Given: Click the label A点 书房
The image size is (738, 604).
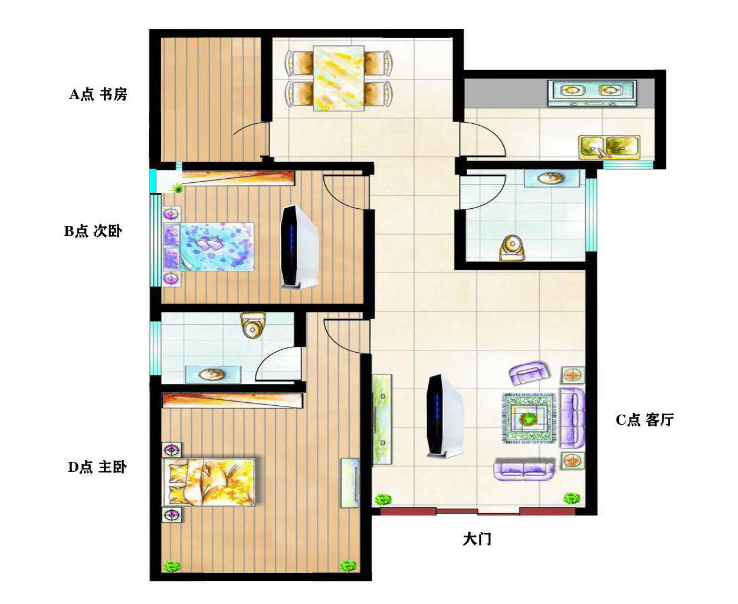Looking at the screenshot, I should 98,94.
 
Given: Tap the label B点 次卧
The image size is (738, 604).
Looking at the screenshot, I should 93,231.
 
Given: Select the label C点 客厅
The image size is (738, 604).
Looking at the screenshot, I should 644,420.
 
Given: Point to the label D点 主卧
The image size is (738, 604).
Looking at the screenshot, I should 97,467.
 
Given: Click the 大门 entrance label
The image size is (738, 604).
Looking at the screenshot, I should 477,539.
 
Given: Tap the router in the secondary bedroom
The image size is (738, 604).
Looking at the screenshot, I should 300,247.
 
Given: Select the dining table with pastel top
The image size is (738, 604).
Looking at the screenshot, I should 339,78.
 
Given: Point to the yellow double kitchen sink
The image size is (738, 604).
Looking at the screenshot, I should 609,147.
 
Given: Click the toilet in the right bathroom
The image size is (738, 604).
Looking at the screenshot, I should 511,247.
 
